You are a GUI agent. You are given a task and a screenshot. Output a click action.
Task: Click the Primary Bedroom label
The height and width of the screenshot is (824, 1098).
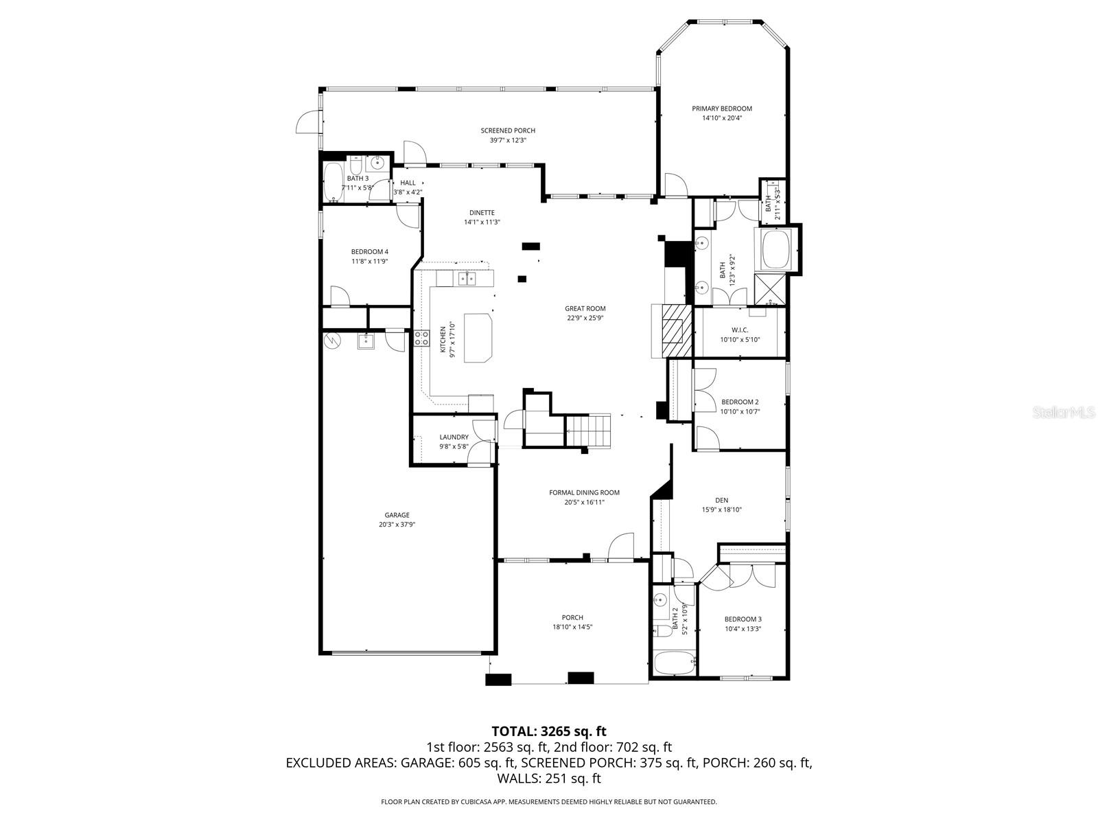click(721, 108)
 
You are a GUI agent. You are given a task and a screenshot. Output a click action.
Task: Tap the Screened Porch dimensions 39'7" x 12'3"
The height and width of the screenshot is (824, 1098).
click(508, 140)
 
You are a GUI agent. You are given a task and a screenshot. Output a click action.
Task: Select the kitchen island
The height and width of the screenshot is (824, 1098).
click(479, 337)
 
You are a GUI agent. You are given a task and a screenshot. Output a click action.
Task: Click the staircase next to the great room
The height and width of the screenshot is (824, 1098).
click(589, 430)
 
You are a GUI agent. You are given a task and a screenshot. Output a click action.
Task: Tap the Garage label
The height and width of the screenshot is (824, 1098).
click(397, 515)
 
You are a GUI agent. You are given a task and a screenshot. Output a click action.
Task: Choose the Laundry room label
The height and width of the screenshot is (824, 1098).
click(454, 437)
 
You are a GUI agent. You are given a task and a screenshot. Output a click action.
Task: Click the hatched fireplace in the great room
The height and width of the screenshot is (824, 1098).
click(673, 332)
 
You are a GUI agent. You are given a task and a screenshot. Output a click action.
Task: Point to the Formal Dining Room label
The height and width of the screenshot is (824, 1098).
click(584, 492)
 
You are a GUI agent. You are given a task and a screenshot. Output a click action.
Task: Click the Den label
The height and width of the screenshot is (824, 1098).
click(721, 500)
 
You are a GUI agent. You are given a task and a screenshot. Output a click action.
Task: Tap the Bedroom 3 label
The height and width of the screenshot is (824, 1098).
click(743, 619)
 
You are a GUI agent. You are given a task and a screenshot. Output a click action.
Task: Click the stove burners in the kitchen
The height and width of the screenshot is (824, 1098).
click(421, 337)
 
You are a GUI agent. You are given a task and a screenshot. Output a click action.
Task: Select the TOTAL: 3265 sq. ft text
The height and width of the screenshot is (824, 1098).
click(548, 731)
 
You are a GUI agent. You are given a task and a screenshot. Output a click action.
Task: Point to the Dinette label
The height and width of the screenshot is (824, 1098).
click(481, 213)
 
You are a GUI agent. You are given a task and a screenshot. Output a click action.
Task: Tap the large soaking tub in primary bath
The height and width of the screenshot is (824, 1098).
click(775, 249)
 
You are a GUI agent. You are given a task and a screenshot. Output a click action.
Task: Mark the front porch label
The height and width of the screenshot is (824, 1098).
click(572, 617)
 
